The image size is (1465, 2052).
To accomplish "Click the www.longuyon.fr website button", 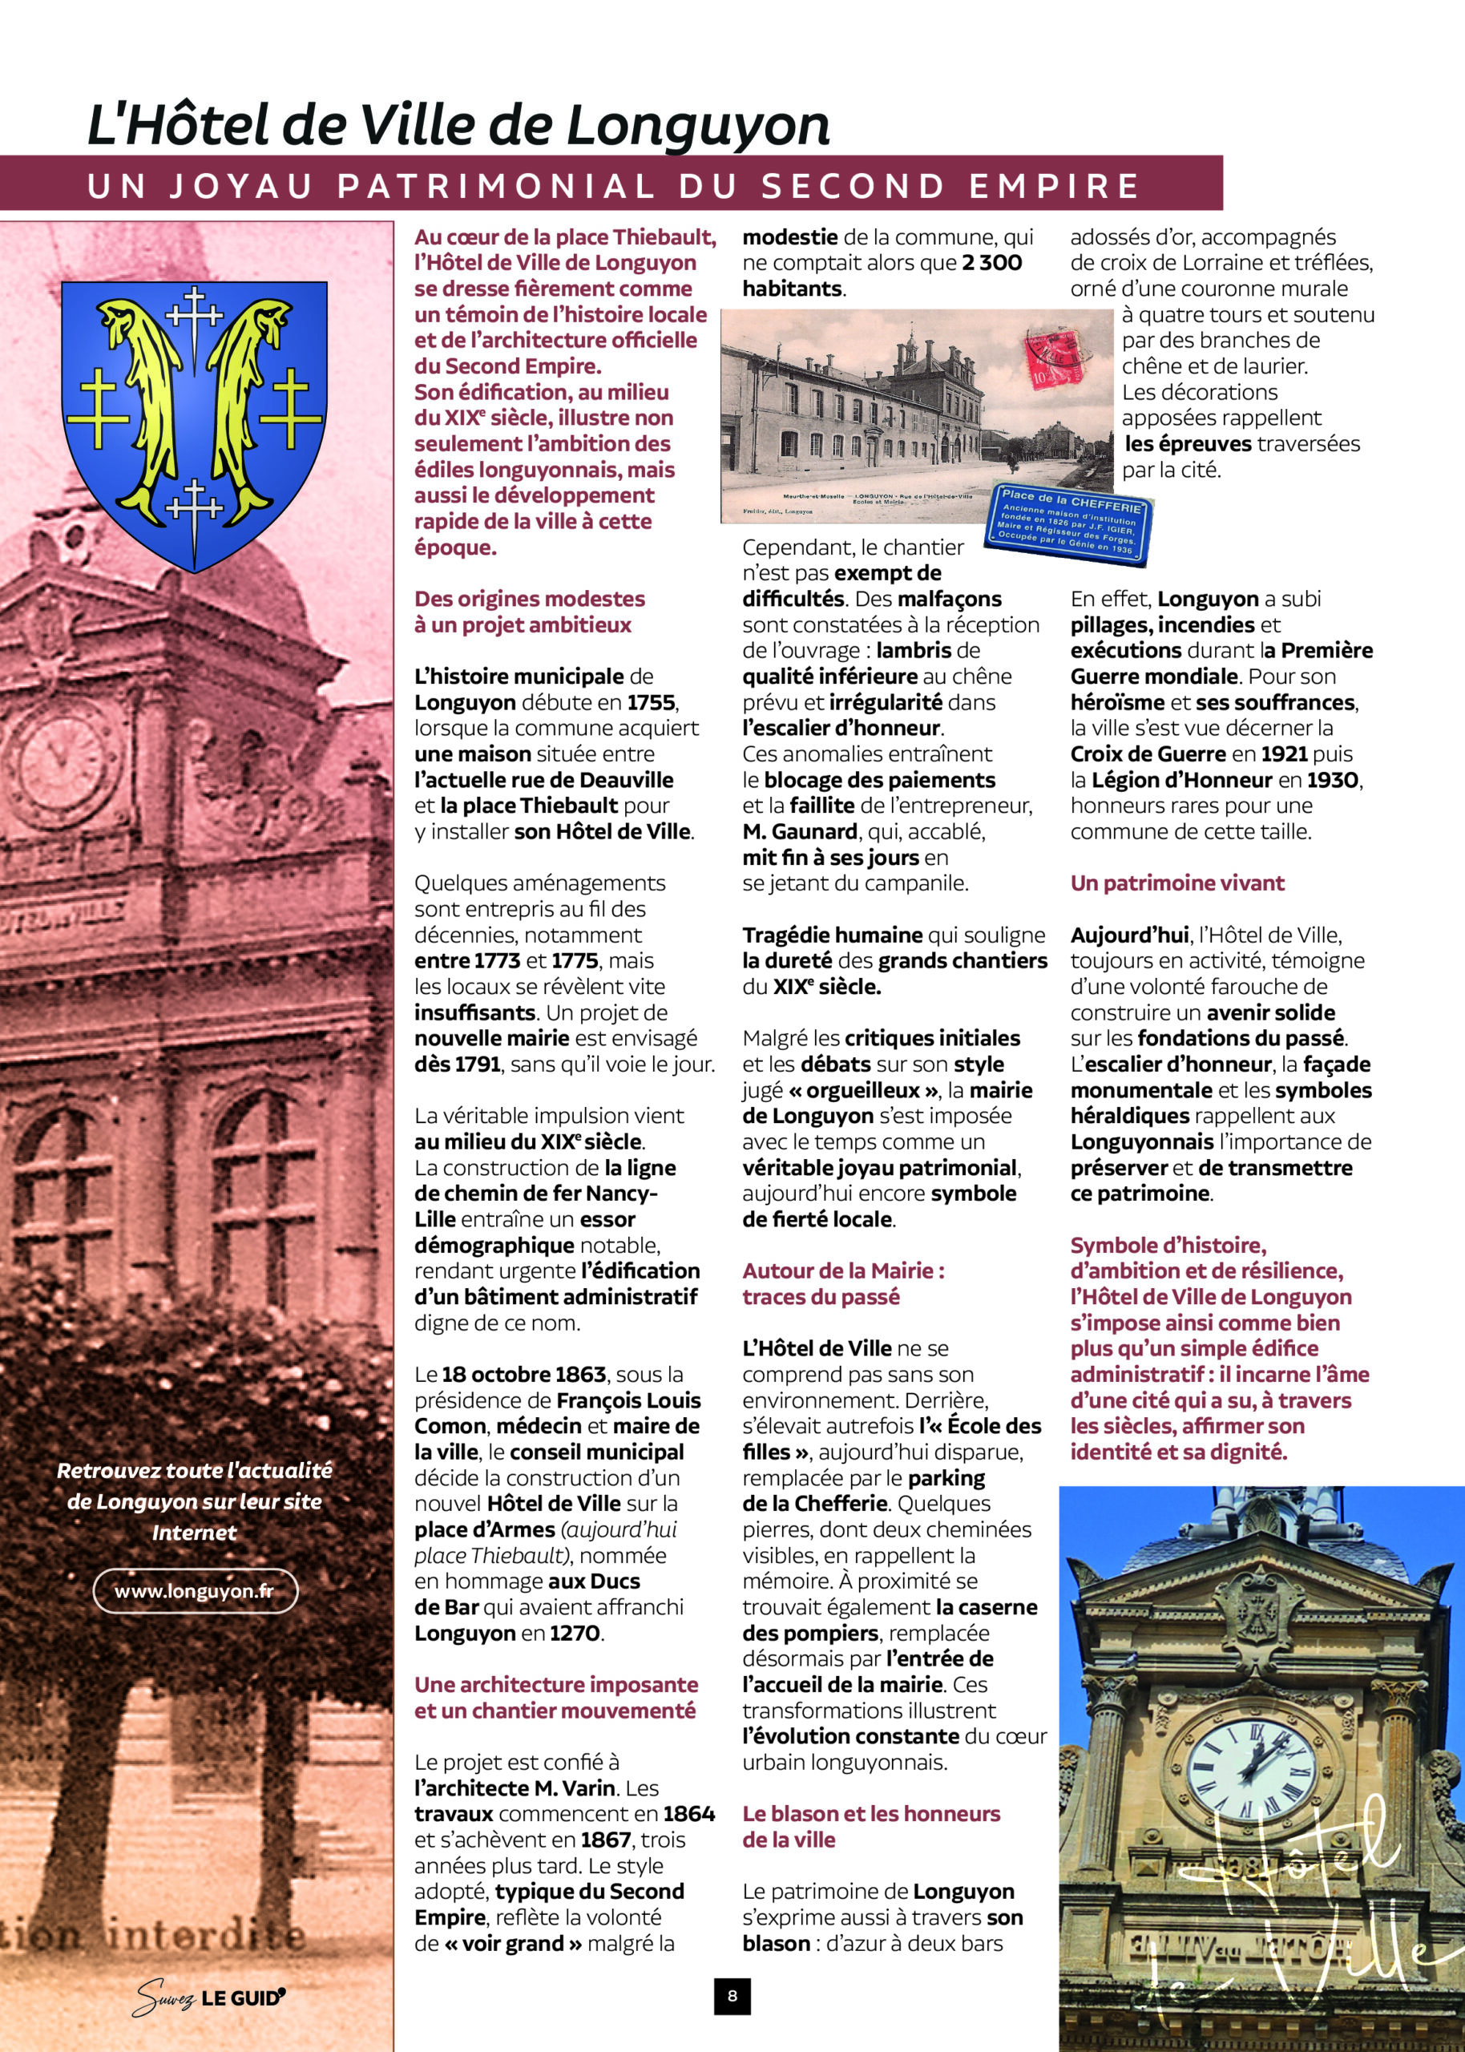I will [195, 1591].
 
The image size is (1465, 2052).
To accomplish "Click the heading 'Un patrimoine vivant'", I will [1176, 883].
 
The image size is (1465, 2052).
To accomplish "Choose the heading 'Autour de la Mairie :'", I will [843, 1271].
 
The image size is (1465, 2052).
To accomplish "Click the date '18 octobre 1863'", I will [523, 1375].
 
